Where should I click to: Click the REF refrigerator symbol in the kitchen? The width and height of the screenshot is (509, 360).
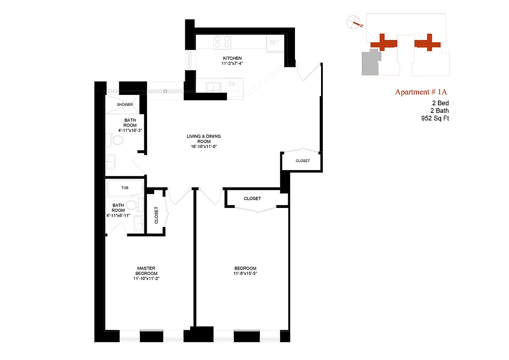(x=274, y=43)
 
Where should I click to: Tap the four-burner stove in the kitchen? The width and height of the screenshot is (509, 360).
(x=222, y=42)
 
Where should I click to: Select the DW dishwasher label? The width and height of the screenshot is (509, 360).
(x=232, y=84)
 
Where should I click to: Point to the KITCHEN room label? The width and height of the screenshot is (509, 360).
(x=232, y=58)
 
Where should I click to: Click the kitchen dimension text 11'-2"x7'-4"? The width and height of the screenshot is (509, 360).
(x=232, y=64)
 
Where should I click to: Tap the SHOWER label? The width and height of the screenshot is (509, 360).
(x=125, y=104)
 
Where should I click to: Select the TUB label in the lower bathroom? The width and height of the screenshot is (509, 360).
(x=125, y=188)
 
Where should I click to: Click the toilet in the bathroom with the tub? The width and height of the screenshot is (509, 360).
(x=131, y=206)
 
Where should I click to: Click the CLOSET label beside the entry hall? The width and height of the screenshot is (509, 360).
(x=303, y=161)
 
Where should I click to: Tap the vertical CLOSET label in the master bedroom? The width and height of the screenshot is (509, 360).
(x=156, y=215)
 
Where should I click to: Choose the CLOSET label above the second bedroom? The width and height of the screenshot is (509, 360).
(x=252, y=198)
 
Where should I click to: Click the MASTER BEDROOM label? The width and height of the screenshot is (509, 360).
(x=147, y=271)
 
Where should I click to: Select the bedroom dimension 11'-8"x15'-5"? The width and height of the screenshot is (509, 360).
(x=245, y=274)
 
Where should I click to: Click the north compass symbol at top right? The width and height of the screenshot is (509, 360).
(x=354, y=22)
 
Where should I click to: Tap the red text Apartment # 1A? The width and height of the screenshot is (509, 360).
(x=421, y=92)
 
